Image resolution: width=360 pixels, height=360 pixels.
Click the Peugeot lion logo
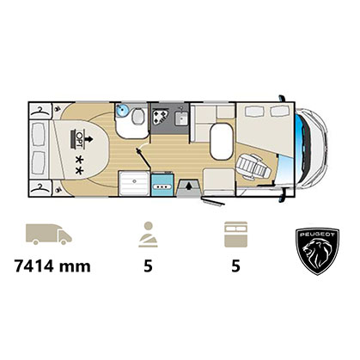point(317,252)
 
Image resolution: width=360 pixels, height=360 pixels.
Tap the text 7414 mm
point(52,266)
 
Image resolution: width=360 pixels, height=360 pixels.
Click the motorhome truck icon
point(49,235)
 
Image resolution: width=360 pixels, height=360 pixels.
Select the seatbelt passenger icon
point(148,235)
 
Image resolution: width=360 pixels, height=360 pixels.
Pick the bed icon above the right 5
point(235,235)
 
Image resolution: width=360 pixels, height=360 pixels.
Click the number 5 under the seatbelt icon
point(148,266)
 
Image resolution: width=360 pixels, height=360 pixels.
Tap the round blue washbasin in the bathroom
point(123,110)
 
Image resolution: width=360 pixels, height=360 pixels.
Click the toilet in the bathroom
point(138,116)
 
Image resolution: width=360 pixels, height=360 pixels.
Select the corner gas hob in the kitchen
point(160,116)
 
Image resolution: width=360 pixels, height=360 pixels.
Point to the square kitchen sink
point(181,119)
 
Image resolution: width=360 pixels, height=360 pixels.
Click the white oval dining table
point(221,142)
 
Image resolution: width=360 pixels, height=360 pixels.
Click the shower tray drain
point(134,181)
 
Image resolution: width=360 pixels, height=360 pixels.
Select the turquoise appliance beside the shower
point(162,184)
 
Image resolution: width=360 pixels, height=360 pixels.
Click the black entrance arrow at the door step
point(188,186)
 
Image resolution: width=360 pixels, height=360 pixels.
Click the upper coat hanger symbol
point(40,112)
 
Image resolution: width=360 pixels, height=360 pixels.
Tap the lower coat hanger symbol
point(40,188)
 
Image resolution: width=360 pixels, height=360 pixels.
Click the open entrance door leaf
point(213,201)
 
